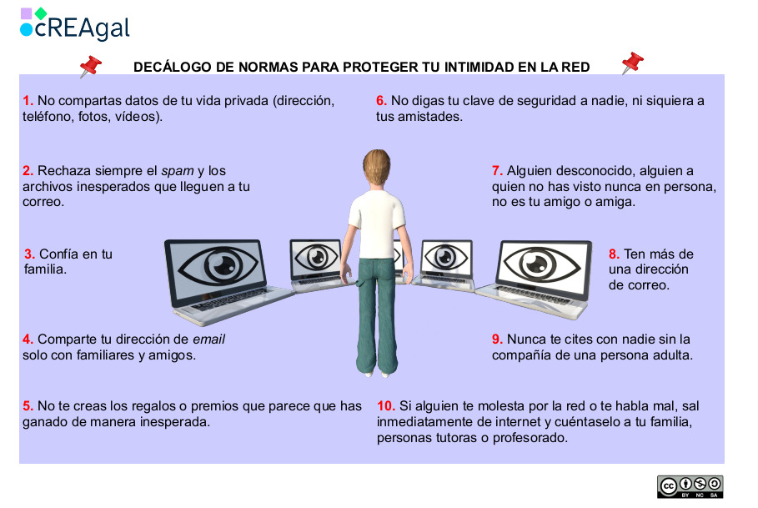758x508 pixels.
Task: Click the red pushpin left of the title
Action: point(89,67)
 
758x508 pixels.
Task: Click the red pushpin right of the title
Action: point(632,63)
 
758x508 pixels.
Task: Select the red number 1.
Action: point(28,101)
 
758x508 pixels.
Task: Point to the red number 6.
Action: point(381,101)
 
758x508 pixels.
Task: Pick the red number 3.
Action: point(30,254)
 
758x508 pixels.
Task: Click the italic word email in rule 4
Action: point(209,340)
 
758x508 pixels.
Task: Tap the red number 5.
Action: point(28,406)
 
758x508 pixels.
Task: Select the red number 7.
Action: point(497,170)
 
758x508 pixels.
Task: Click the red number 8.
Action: point(614,254)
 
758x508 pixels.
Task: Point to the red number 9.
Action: point(497,340)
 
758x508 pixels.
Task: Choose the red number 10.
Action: point(385,406)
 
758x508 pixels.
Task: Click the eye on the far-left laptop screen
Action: point(212,265)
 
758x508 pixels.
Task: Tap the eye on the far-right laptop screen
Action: point(544,264)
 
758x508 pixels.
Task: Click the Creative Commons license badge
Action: point(690,486)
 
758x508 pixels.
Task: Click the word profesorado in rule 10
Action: point(530,438)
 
